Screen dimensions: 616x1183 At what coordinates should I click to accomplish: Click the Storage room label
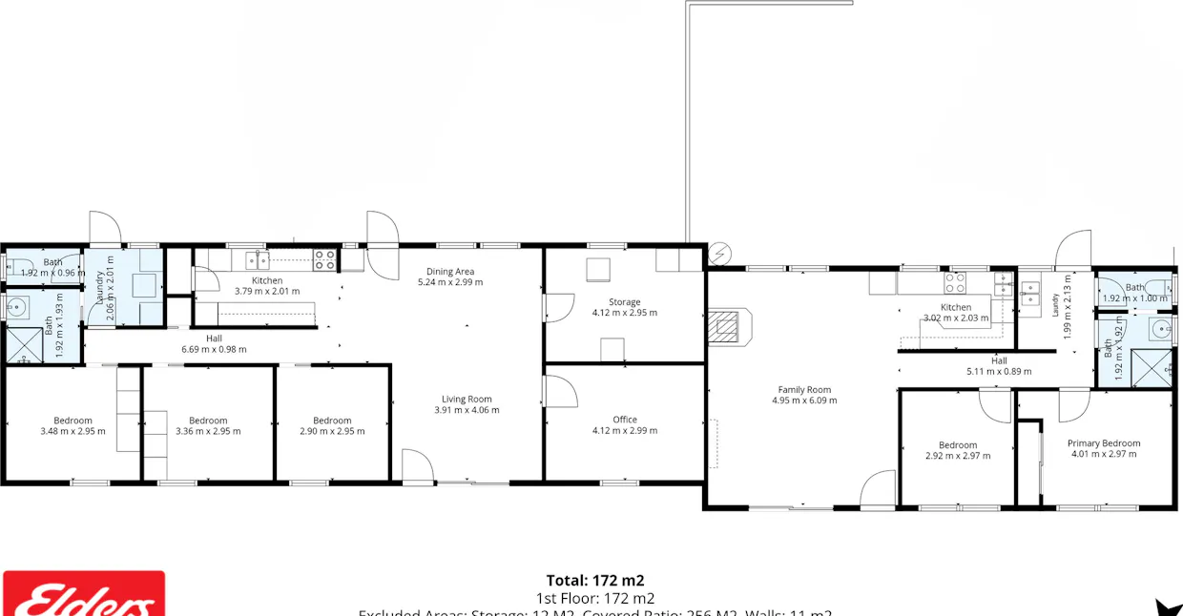(x=625, y=302)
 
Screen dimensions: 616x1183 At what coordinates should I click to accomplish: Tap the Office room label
(x=625, y=420)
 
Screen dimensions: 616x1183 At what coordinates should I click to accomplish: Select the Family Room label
(x=804, y=389)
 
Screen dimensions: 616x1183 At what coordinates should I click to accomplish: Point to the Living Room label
(x=467, y=400)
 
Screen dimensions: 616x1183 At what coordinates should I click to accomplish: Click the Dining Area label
(x=450, y=272)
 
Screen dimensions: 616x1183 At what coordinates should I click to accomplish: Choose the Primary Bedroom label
(x=1103, y=443)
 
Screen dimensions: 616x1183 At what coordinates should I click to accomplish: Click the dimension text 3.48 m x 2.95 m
(x=73, y=431)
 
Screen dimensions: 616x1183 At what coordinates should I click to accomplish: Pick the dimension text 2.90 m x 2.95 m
(x=332, y=431)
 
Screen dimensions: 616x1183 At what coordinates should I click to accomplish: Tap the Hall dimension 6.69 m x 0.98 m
(x=214, y=349)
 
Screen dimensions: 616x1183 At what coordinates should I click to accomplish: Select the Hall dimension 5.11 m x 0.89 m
(x=999, y=372)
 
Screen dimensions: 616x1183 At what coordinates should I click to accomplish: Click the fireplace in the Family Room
(x=728, y=325)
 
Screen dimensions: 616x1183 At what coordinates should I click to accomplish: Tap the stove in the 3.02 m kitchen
(x=955, y=281)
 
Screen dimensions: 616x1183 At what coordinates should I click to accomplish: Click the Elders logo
(x=83, y=595)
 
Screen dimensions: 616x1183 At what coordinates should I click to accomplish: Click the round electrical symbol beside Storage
(x=719, y=254)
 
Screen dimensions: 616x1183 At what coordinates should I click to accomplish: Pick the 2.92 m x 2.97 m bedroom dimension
(x=957, y=456)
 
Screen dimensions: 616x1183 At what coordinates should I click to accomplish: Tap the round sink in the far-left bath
(x=17, y=306)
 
